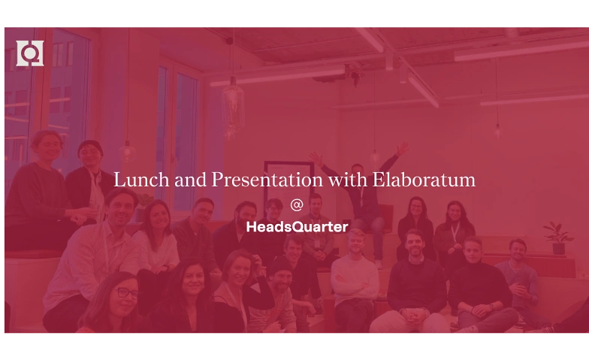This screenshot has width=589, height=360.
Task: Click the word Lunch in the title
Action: coord(141,180)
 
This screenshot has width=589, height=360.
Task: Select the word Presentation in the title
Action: coord(267,180)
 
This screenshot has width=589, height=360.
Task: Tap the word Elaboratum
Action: coord(424,180)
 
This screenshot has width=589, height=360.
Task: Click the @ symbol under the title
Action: coord(296,204)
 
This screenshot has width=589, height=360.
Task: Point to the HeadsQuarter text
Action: coord(298,227)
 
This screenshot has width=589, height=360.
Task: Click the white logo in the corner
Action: coord(30,53)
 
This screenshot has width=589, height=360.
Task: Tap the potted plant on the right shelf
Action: coord(558,237)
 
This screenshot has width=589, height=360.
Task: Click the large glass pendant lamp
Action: coord(233,109)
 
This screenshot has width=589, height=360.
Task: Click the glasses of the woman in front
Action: coord(127,292)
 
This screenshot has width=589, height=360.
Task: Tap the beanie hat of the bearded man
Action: coord(280,265)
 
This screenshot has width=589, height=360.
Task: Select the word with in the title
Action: coord(347,180)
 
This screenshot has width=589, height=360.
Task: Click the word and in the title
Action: coord(191,180)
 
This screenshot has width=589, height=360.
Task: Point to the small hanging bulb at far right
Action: coord(498,131)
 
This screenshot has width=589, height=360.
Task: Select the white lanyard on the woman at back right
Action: coord(455,231)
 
